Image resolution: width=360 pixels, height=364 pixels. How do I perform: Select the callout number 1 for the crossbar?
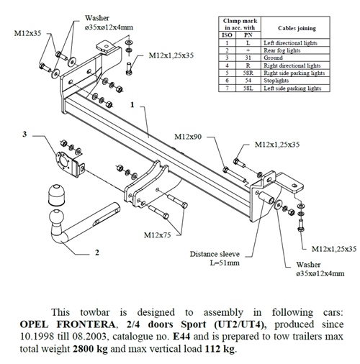point(134,105)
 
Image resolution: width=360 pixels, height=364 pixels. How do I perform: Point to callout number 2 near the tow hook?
point(96,253)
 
